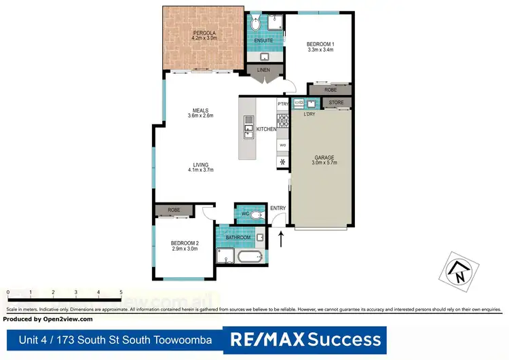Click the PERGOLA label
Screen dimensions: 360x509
click(x=204, y=33)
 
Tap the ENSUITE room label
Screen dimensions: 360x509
click(x=263, y=41)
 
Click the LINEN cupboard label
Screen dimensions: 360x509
click(x=264, y=69)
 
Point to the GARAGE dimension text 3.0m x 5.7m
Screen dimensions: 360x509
click(x=323, y=164)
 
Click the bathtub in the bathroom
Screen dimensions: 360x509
click(x=250, y=257)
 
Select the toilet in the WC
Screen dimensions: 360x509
click(x=254, y=215)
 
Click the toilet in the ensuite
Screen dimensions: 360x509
click(x=254, y=24)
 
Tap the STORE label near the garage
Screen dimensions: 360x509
click(x=337, y=103)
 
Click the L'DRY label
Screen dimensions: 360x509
click(x=309, y=113)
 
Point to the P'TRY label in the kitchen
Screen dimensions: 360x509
click(x=283, y=104)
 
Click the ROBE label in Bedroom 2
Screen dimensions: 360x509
click(x=174, y=211)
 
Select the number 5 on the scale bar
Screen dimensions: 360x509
click(x=121, y=292)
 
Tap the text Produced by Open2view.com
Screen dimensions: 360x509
click(x=48, y=318)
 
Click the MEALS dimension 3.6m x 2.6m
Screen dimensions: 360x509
click(x=200, y=116)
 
